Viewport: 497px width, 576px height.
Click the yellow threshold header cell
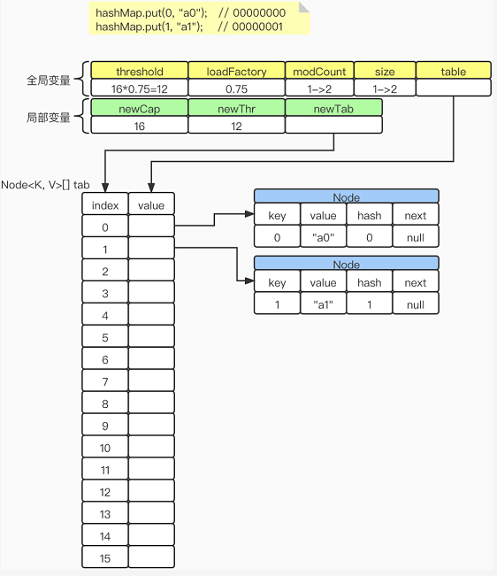[x=140, y=72]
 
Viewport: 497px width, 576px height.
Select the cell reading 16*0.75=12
[x=140, y=88]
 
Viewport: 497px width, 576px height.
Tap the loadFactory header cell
[x=236, y=72]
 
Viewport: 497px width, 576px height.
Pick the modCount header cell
[x=319, y=72]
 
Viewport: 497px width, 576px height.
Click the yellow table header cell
[x=453, y=72]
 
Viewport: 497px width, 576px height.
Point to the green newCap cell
[x=139, y=108]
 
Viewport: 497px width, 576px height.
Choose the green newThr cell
[x=236, y=108]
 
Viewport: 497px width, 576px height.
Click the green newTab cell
[x=333, y=108]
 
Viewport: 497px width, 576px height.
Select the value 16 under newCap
[x=139, y=126]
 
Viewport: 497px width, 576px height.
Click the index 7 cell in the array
[x=105, y=381]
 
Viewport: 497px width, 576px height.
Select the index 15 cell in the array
[x=105, y=557]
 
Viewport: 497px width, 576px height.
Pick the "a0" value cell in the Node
[x=323, y=238]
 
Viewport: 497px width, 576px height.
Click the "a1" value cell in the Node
[x=323, y=305]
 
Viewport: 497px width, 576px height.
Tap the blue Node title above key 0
[x=346, y=196]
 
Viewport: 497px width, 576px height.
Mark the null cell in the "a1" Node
[x=415, y=305]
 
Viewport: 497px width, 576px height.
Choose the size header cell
[x=385, y=72]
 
